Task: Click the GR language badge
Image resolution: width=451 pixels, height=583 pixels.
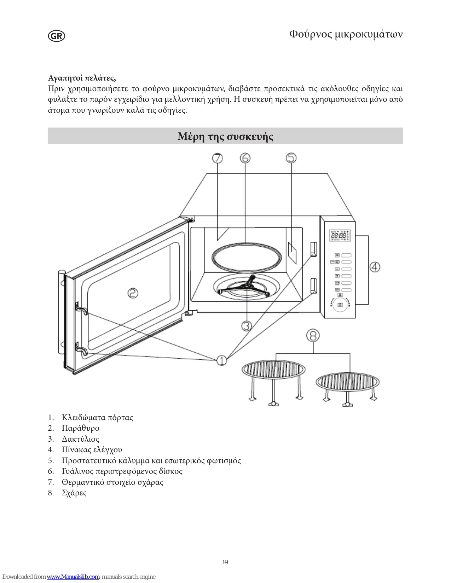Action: tap(57, 36)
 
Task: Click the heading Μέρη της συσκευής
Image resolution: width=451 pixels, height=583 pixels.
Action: tap(225, 136)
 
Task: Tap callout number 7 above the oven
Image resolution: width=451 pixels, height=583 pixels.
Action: tap(218, 158)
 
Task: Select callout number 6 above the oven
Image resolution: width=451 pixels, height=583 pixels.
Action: tap(245, 158)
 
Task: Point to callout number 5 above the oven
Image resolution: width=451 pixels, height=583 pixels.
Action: tap(291, 158)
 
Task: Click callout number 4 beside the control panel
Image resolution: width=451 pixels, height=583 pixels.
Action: tap(375, 267)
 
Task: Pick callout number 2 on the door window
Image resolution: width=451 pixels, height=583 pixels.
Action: tap(133, 293)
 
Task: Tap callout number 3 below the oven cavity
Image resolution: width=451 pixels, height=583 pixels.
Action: tap(247, 325)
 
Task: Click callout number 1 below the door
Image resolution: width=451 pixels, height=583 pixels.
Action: tap(222, 360)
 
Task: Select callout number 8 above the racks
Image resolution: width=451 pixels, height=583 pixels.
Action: tap(313, 336)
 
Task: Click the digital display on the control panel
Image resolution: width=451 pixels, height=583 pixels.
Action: tap(340, 235)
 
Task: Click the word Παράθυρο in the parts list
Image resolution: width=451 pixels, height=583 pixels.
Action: tap(81, 428)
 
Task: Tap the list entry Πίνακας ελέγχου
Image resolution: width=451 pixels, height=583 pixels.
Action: tap(92, 450)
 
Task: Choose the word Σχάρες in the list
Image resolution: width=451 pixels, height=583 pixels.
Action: tap(74, 493)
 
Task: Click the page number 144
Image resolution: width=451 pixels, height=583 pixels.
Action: tap(225, 562)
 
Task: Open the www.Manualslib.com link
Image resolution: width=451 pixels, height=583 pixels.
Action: tap(73, 577)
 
